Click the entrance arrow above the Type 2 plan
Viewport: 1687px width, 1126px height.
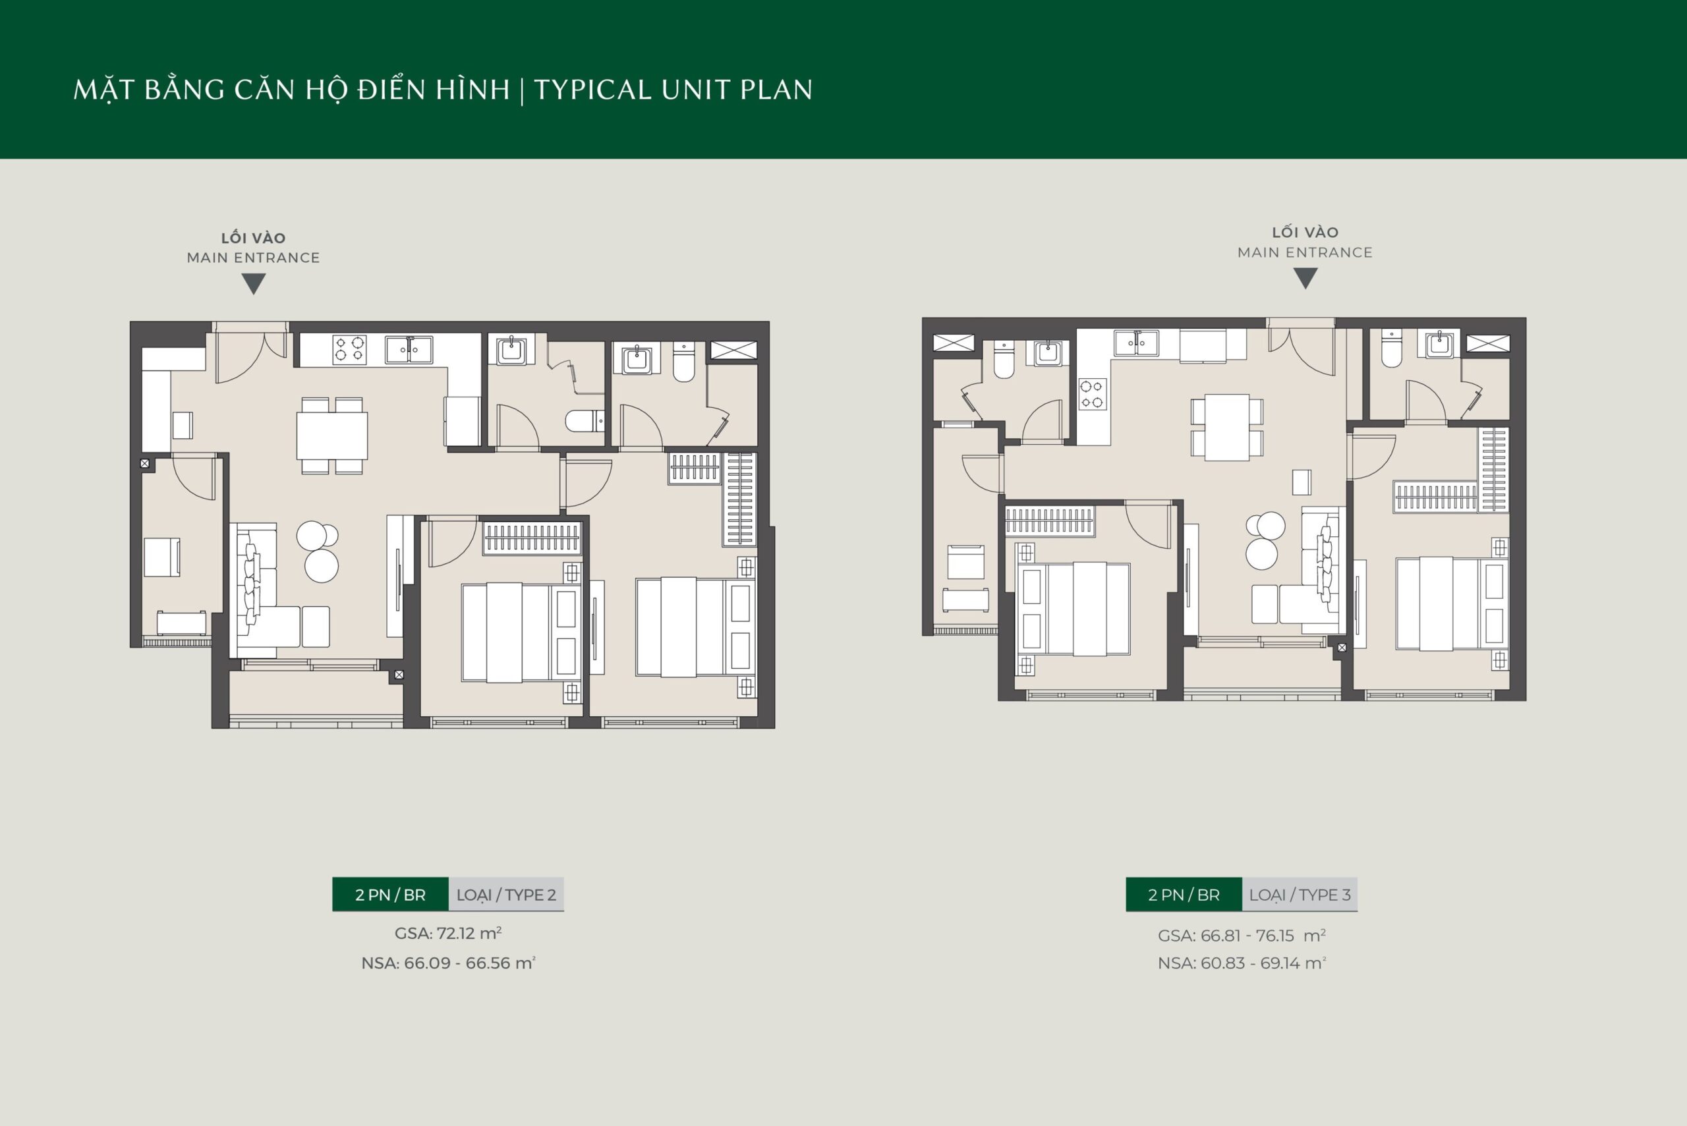pyautogui.click(x=254, y=285)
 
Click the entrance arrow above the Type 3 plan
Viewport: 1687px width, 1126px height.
pyautogui.click(x=1305, y=279)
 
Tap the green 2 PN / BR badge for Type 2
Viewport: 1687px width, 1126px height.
pyautogui.click(x=390, y=895)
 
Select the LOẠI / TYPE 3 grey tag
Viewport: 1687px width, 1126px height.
pyautogui.click(x=1299, y=895)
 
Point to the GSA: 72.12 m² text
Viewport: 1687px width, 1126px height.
pyautogui.click(x=447, y=934)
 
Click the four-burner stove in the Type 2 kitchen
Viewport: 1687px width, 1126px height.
pyautogui.click(x=350, y=350)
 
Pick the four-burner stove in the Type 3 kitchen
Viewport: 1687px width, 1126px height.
pyautogui.click(x=1093, y=394)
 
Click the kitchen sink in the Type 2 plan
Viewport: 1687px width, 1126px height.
pyautogui.click(x=409, y=350)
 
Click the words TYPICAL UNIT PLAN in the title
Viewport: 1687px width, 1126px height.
pyautogui.click(x=673, y=90)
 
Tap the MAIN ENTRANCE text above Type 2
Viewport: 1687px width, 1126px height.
pyautogui.click(x=254, y=258)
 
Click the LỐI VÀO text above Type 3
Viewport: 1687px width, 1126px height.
pyautogui.click(x=1305, y=233)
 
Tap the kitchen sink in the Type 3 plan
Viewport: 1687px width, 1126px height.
pyautogui.click(x=1135, y=343)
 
